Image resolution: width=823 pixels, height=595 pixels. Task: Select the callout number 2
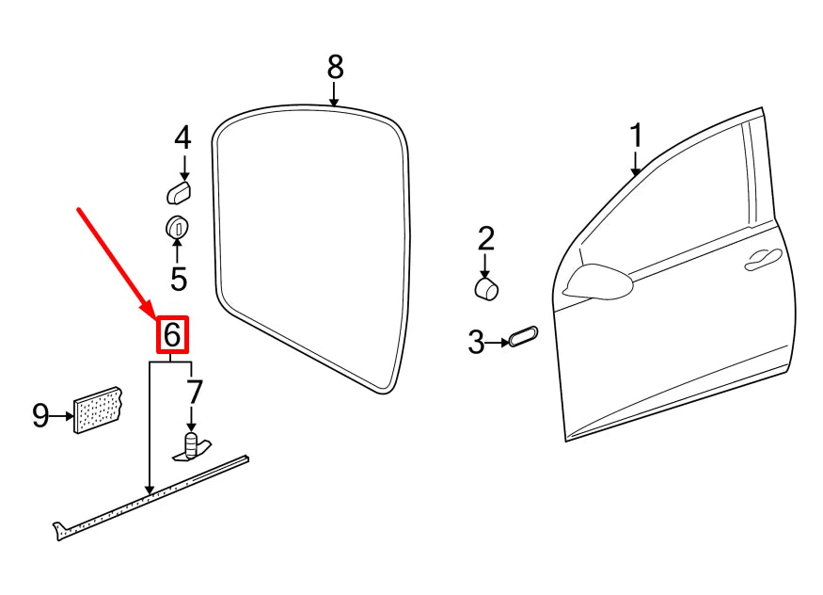485,238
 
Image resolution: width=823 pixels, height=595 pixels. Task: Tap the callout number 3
476,342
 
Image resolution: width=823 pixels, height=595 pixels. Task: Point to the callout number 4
182,138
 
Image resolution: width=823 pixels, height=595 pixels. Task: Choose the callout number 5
178,279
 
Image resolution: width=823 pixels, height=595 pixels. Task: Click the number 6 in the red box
172,335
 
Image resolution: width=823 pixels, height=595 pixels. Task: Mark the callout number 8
336,67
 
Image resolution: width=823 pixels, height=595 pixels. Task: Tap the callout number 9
40,414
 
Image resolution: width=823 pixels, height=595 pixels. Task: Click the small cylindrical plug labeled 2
486,287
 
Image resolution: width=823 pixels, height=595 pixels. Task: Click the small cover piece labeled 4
179,193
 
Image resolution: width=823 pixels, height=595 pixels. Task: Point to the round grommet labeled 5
177,227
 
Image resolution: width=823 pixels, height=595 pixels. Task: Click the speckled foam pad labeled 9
98,410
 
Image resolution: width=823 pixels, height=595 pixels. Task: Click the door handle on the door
764,261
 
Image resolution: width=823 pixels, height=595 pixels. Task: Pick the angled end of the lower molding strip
59,531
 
